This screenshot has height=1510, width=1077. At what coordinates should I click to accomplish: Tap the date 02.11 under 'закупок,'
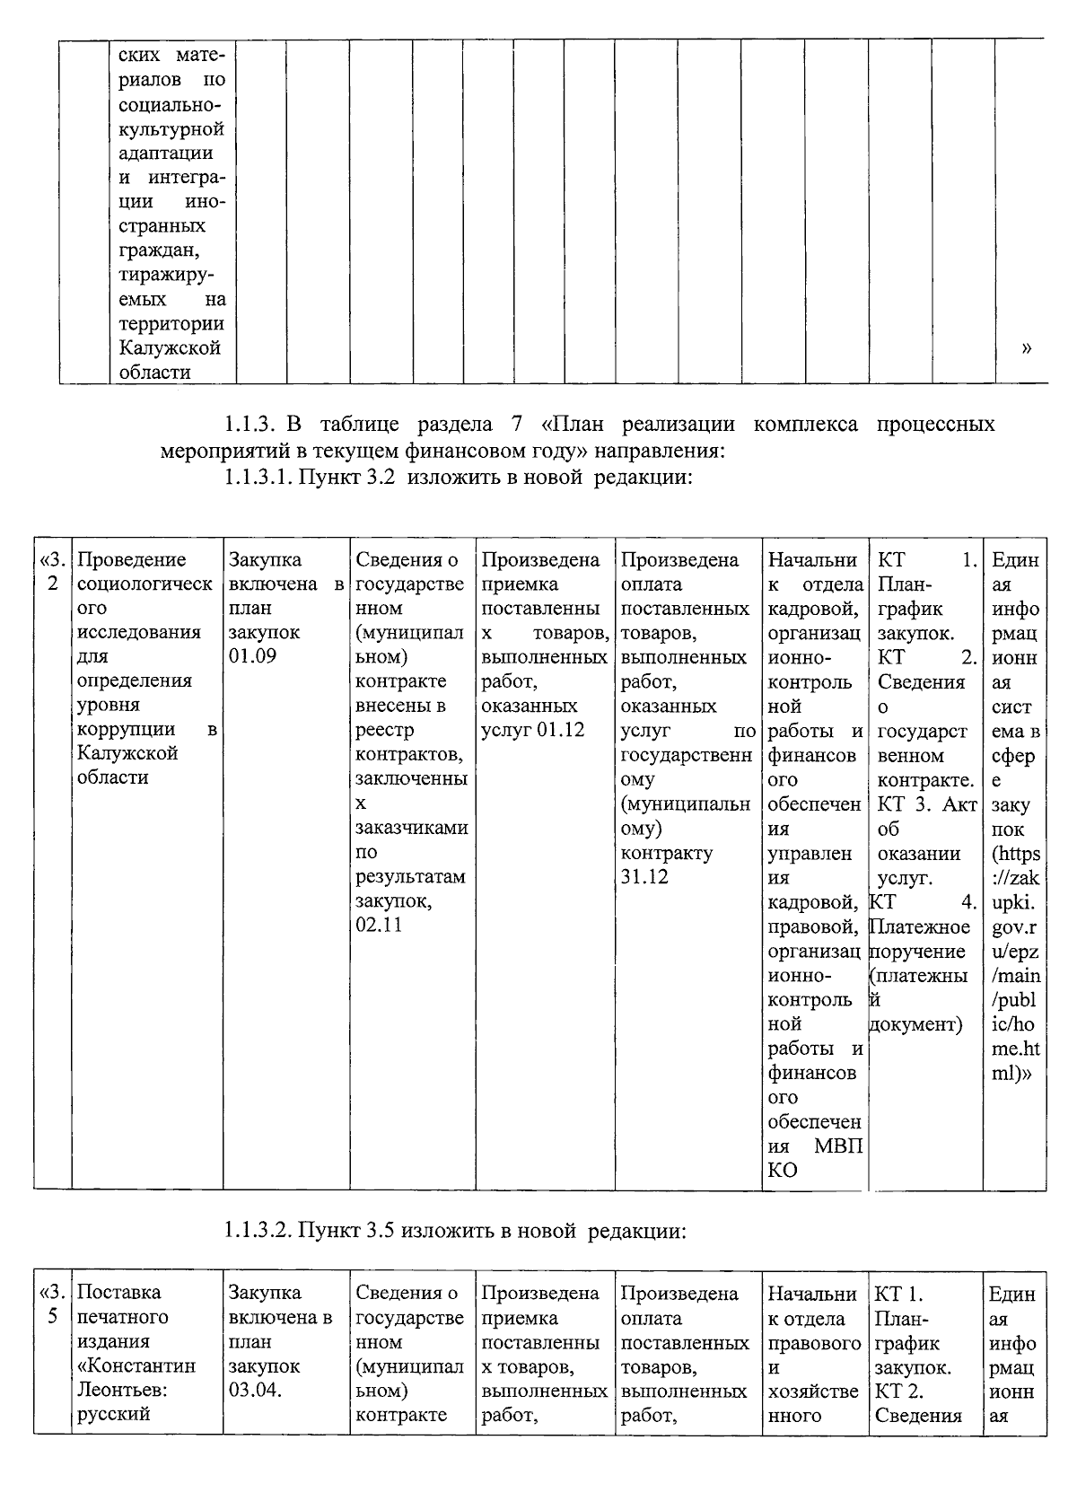coord(379,925)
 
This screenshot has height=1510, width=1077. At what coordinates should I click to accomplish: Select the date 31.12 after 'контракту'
coord(644,877)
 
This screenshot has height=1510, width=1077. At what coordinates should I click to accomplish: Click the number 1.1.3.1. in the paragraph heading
coord(258,478)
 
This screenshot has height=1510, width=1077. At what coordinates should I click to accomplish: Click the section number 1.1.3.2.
coord(258,1231)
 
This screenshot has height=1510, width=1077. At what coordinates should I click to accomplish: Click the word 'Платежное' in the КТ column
coord(921,926)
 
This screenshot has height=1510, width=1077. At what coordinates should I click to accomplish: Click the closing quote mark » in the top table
coord(1025,348)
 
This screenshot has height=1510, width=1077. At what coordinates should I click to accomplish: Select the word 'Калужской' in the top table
coord(169,347)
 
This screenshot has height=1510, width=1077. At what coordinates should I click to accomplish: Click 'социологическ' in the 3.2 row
coord(144,584)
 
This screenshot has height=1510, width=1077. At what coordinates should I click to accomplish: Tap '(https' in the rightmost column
coord(1015,853)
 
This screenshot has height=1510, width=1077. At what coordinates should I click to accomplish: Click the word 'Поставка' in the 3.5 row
coord(118,1293)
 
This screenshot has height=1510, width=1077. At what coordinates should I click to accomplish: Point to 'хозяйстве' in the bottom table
coord(812,1391)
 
